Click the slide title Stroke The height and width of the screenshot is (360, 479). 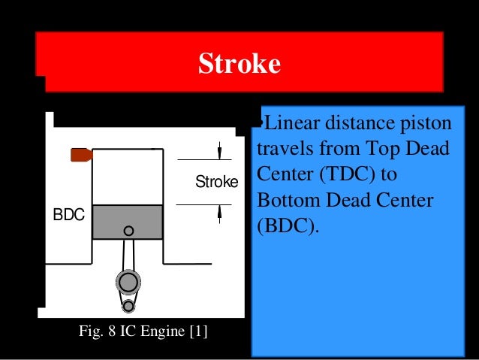pos(239,64)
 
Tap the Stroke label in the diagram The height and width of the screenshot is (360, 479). pos(216,183)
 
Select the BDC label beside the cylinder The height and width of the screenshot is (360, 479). pos(68,215)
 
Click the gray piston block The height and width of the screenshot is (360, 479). pos(128,222)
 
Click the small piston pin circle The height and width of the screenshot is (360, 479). pos(129,231)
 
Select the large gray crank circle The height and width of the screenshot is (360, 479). pos(128,282)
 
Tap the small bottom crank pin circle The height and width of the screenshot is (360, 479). pos(128,305)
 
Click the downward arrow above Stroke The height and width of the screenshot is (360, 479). pos(219,151)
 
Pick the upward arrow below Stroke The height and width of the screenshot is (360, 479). pos(219,213)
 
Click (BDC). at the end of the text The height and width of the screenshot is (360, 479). pos(288,227)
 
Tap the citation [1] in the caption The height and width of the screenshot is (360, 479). pos(198,330)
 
